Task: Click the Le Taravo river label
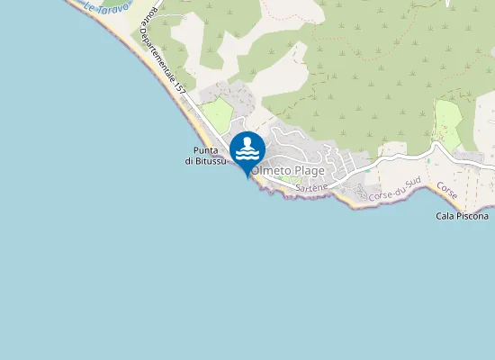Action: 106,7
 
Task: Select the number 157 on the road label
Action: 180,88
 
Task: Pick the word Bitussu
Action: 213,161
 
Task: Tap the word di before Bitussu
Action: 191,161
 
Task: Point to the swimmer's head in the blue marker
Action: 247,142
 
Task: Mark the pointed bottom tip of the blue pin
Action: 247,177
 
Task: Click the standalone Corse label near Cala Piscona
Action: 447,191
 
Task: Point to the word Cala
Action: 446,216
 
